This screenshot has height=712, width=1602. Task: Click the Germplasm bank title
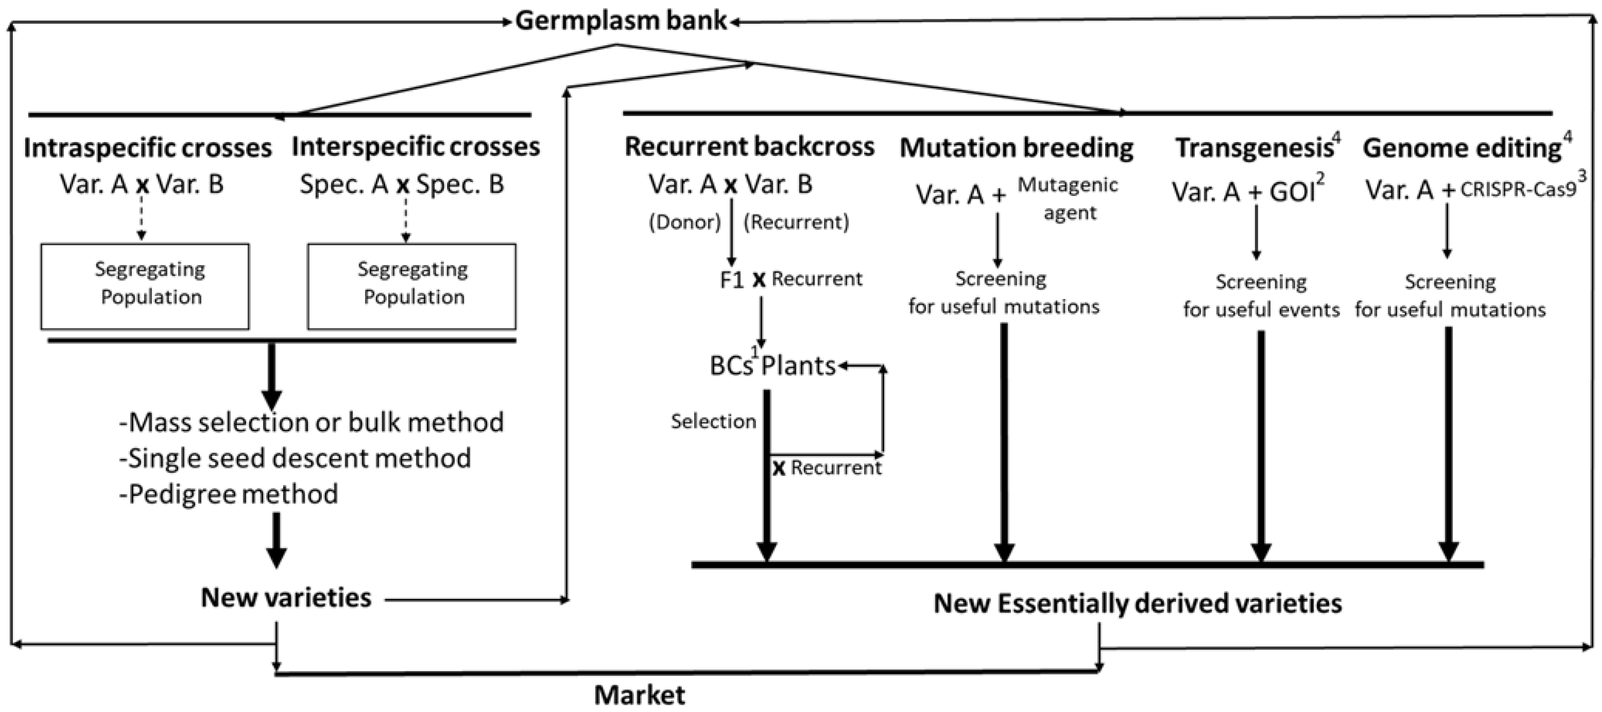click(x=621, y=21)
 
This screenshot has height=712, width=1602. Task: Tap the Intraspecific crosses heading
click(x=148, y=148)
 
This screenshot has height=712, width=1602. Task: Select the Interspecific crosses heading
click(x=415, y=147)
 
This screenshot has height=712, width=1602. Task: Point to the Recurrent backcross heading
click(x=749, y=147)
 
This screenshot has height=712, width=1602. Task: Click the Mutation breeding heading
click(x=1016, y=148)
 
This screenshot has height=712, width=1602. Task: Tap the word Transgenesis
click(x=1253, y=148)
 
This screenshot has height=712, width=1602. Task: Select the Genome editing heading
click(x=1461, y=148)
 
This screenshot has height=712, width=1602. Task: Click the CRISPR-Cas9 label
click(x=1518, y=189)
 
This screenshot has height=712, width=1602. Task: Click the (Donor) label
click(x=684, y=222)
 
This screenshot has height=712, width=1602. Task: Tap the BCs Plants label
click(x=773, y=366)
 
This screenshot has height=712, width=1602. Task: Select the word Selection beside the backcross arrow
click(x=713, y=421)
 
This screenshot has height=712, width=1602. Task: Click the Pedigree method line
click(x=229, y=494)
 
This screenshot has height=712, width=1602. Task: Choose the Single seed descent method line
click(x=295, y=458)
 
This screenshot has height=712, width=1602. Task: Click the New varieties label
click(x=286, y=598)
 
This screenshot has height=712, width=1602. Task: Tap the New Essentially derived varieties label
click(x=1137, y=603)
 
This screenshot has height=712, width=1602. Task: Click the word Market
click(x=639, y=695)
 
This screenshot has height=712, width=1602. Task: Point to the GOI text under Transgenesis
click(x=1292, y=192)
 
